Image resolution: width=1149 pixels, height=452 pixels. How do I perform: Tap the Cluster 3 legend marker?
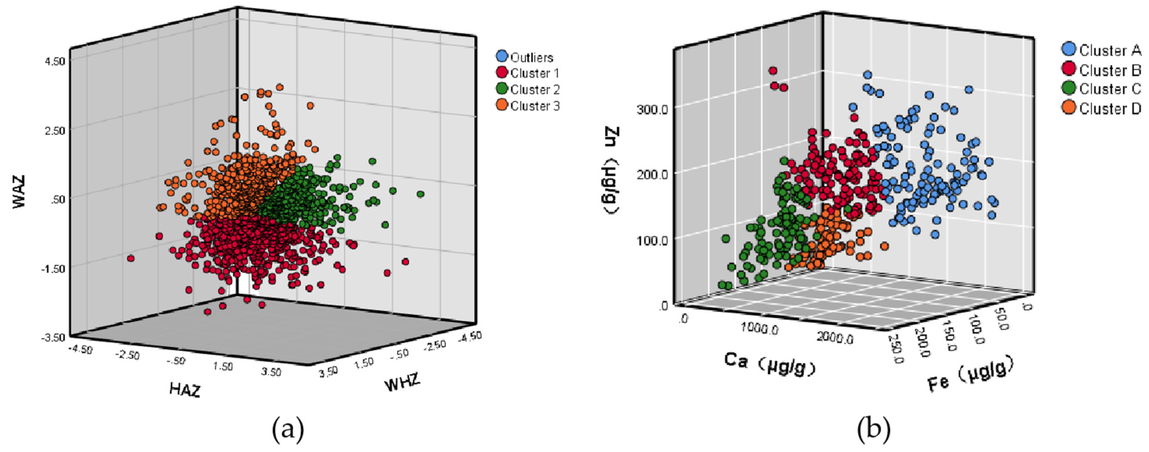502,106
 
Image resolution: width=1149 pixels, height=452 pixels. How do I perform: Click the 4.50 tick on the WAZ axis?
55,61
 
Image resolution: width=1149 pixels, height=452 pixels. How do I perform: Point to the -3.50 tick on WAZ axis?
54,337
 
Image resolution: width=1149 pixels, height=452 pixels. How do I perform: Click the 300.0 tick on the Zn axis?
652,109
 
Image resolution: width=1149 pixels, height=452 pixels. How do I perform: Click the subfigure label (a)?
288,431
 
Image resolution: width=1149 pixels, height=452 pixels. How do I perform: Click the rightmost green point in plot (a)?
420,194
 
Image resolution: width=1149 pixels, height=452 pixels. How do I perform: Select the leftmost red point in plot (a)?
131,258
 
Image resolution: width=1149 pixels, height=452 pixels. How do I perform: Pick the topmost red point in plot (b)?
773,71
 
